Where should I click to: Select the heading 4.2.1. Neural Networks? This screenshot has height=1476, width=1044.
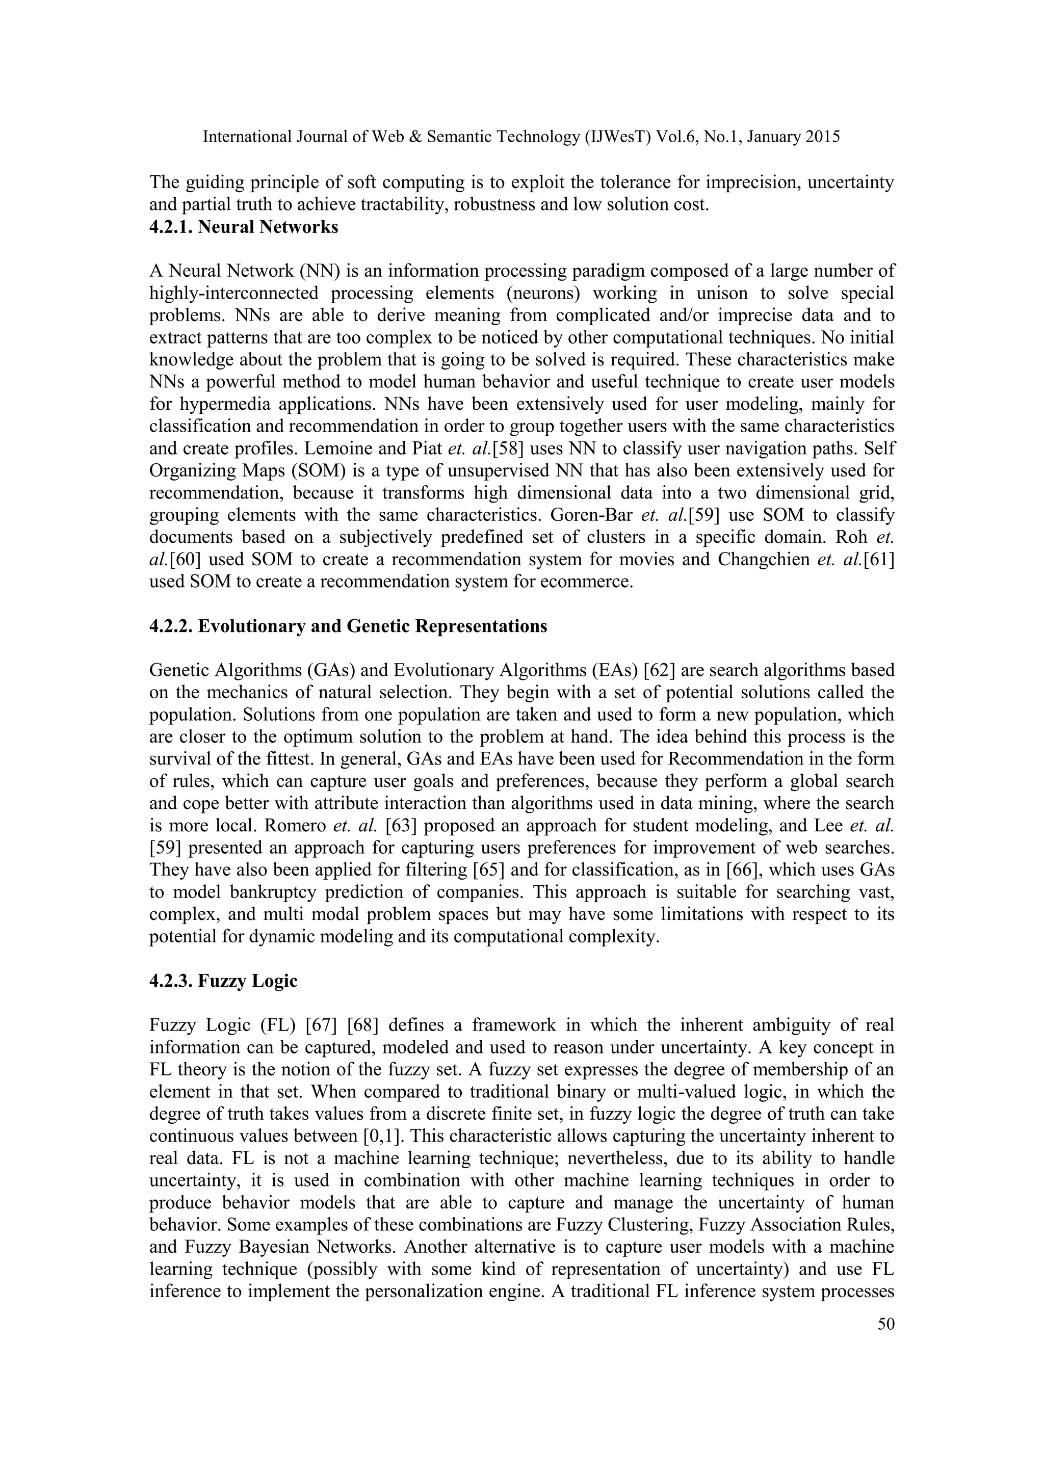[x=244, y=228]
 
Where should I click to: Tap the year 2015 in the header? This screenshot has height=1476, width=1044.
[x=822, y=137]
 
